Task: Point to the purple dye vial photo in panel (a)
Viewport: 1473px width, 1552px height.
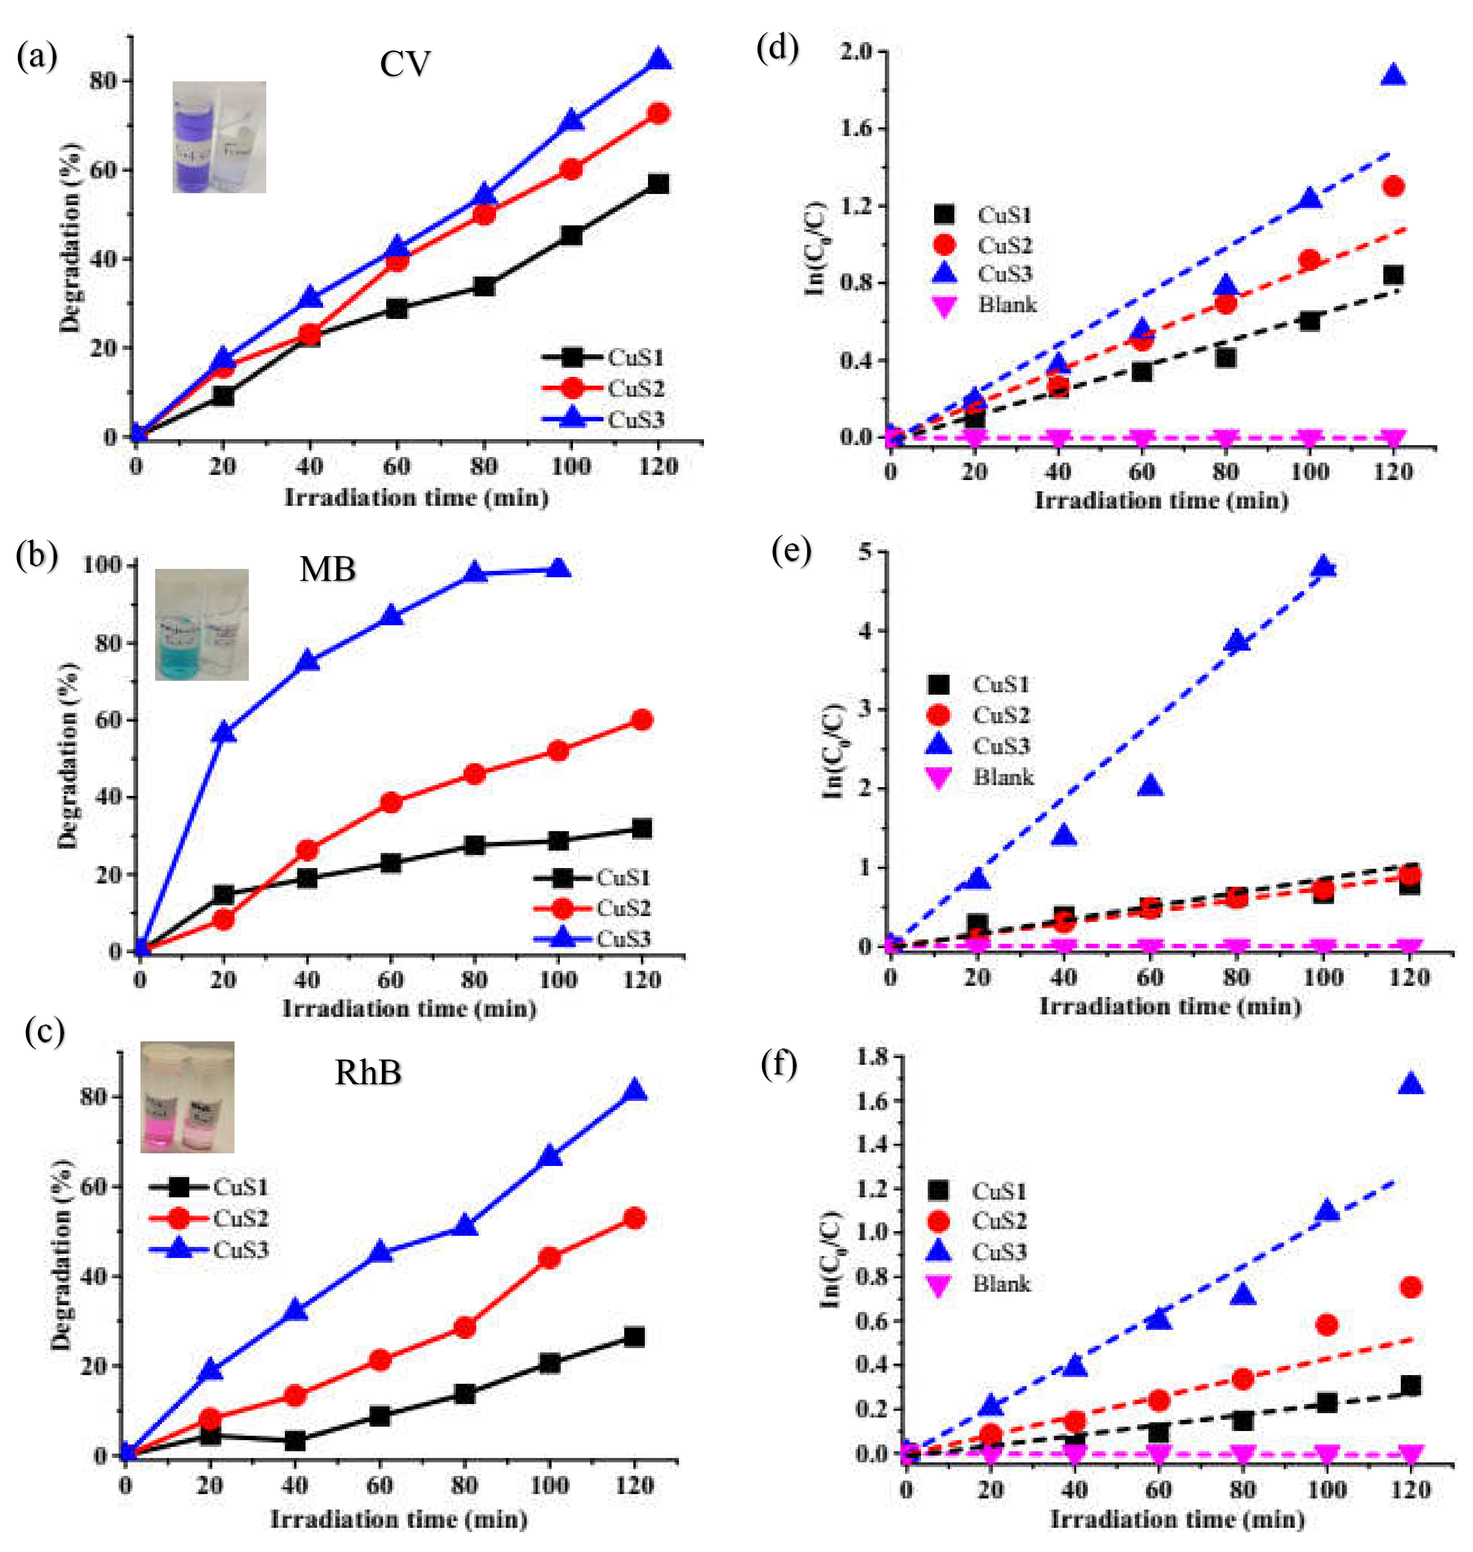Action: point(219,137)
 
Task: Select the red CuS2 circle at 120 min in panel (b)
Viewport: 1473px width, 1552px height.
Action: point(642,719)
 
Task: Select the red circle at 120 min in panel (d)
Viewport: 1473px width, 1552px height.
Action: point(1394,187)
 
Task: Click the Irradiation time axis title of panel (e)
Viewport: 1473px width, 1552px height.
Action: point(1170,1006)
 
